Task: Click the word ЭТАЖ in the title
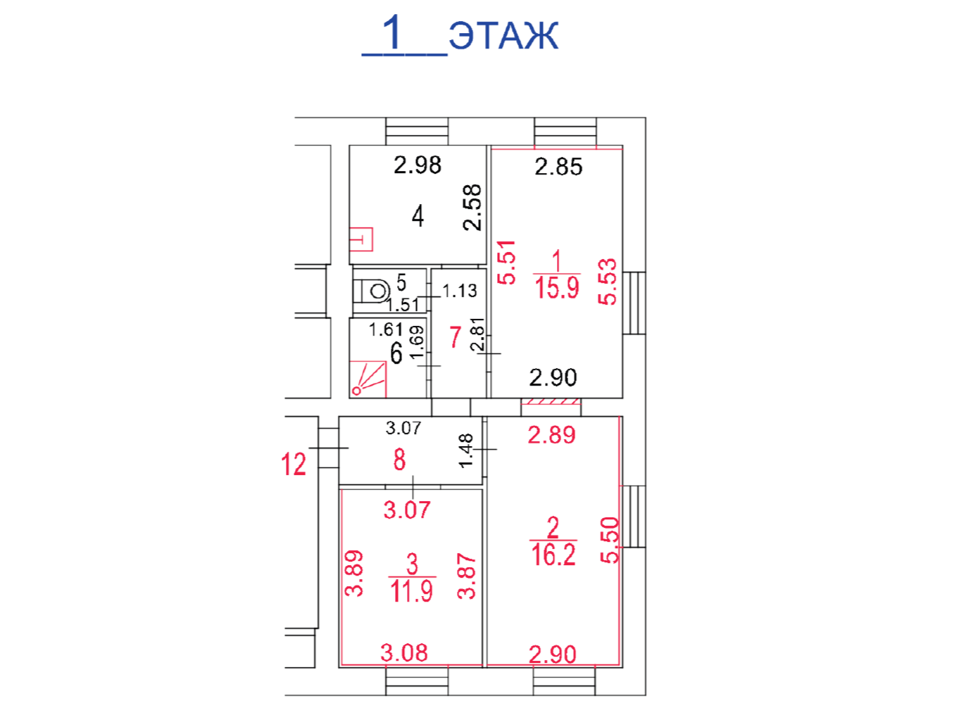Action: coord(503,34)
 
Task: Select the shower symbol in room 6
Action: coord(368,379)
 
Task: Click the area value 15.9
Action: coord(557,288)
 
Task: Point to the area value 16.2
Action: coord(553,555)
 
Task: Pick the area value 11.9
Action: coord(411,590)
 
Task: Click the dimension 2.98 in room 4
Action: coord(418,165)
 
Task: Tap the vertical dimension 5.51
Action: coord(506,262)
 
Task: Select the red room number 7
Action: coord(455,337)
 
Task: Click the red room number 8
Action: coord(399,460)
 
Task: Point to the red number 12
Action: coord(294,464)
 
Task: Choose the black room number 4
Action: coord(418,216)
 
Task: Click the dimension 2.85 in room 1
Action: coord(558,167)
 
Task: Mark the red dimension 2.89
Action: coord(551,435)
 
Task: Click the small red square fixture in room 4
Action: coord(361,239)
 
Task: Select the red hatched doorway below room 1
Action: coord(551,401)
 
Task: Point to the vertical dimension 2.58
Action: coord(472,208)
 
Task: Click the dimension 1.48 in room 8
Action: coord(466,451)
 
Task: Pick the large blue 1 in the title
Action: coord(392,32)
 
